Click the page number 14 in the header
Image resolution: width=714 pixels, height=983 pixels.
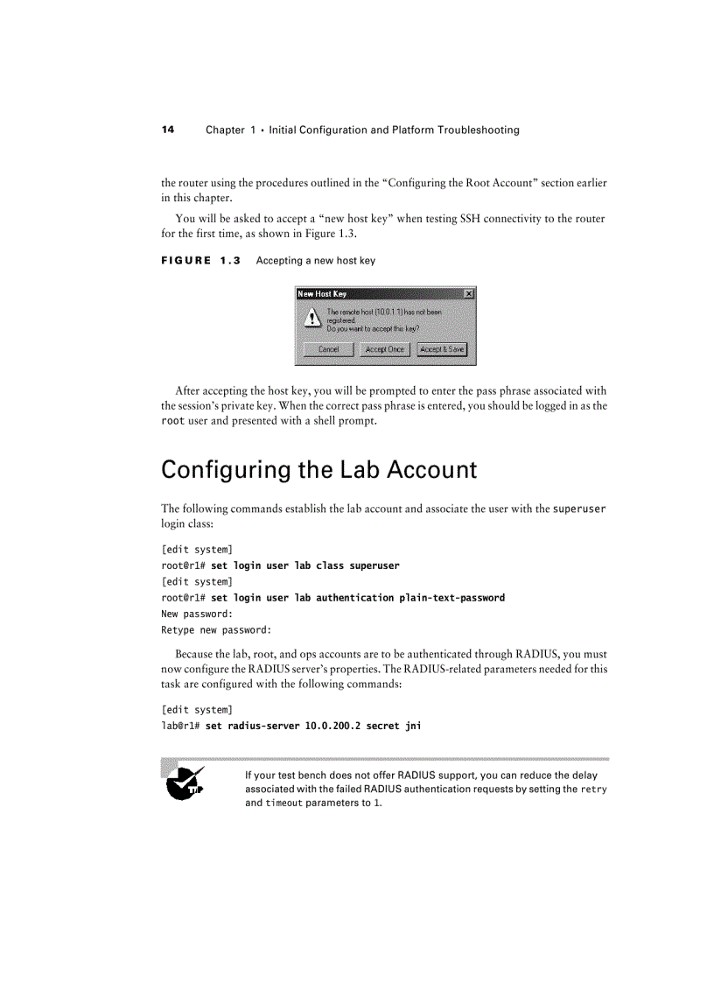pos(168,130)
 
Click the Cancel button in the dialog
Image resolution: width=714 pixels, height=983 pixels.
pos(328,349)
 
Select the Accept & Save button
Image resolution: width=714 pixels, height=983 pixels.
pos(442,349)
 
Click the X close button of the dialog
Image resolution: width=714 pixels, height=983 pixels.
pos(469,294)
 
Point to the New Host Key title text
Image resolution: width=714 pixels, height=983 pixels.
pos(322,294)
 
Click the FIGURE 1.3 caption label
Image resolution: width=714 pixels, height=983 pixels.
pos(200,261)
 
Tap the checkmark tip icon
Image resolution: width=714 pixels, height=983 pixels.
pos(185,783)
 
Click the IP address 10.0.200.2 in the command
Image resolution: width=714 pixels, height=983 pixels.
pos(332,726)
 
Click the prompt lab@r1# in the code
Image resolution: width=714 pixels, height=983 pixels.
pos(180,726)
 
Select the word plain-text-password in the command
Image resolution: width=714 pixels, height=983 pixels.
pos(451,598)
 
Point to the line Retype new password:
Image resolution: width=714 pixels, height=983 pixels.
pos(216,629)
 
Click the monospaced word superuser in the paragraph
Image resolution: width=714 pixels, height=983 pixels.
pos(579,509)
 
